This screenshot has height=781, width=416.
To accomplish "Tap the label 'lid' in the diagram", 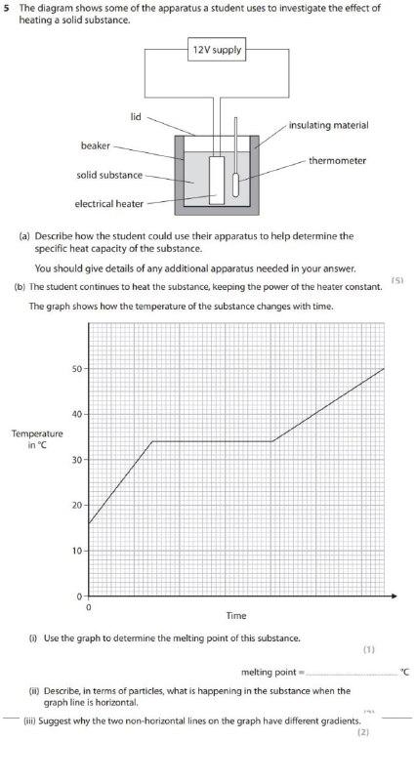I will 136,117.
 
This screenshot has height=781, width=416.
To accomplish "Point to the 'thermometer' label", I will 338,160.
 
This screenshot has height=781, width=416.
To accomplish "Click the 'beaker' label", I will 95,145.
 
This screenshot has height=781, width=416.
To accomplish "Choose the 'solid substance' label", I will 109,175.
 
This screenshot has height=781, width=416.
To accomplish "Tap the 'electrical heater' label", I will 109,204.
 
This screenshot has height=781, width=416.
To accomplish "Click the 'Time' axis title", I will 236,616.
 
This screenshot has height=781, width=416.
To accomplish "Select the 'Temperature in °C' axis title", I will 36,438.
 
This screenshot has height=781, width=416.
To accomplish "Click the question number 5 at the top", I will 8,8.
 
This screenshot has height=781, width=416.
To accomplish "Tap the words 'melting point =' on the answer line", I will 273,672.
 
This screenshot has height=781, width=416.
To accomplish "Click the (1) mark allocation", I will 368,648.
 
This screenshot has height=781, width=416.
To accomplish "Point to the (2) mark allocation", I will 362,732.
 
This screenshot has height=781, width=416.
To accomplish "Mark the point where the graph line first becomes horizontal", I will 152,441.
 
